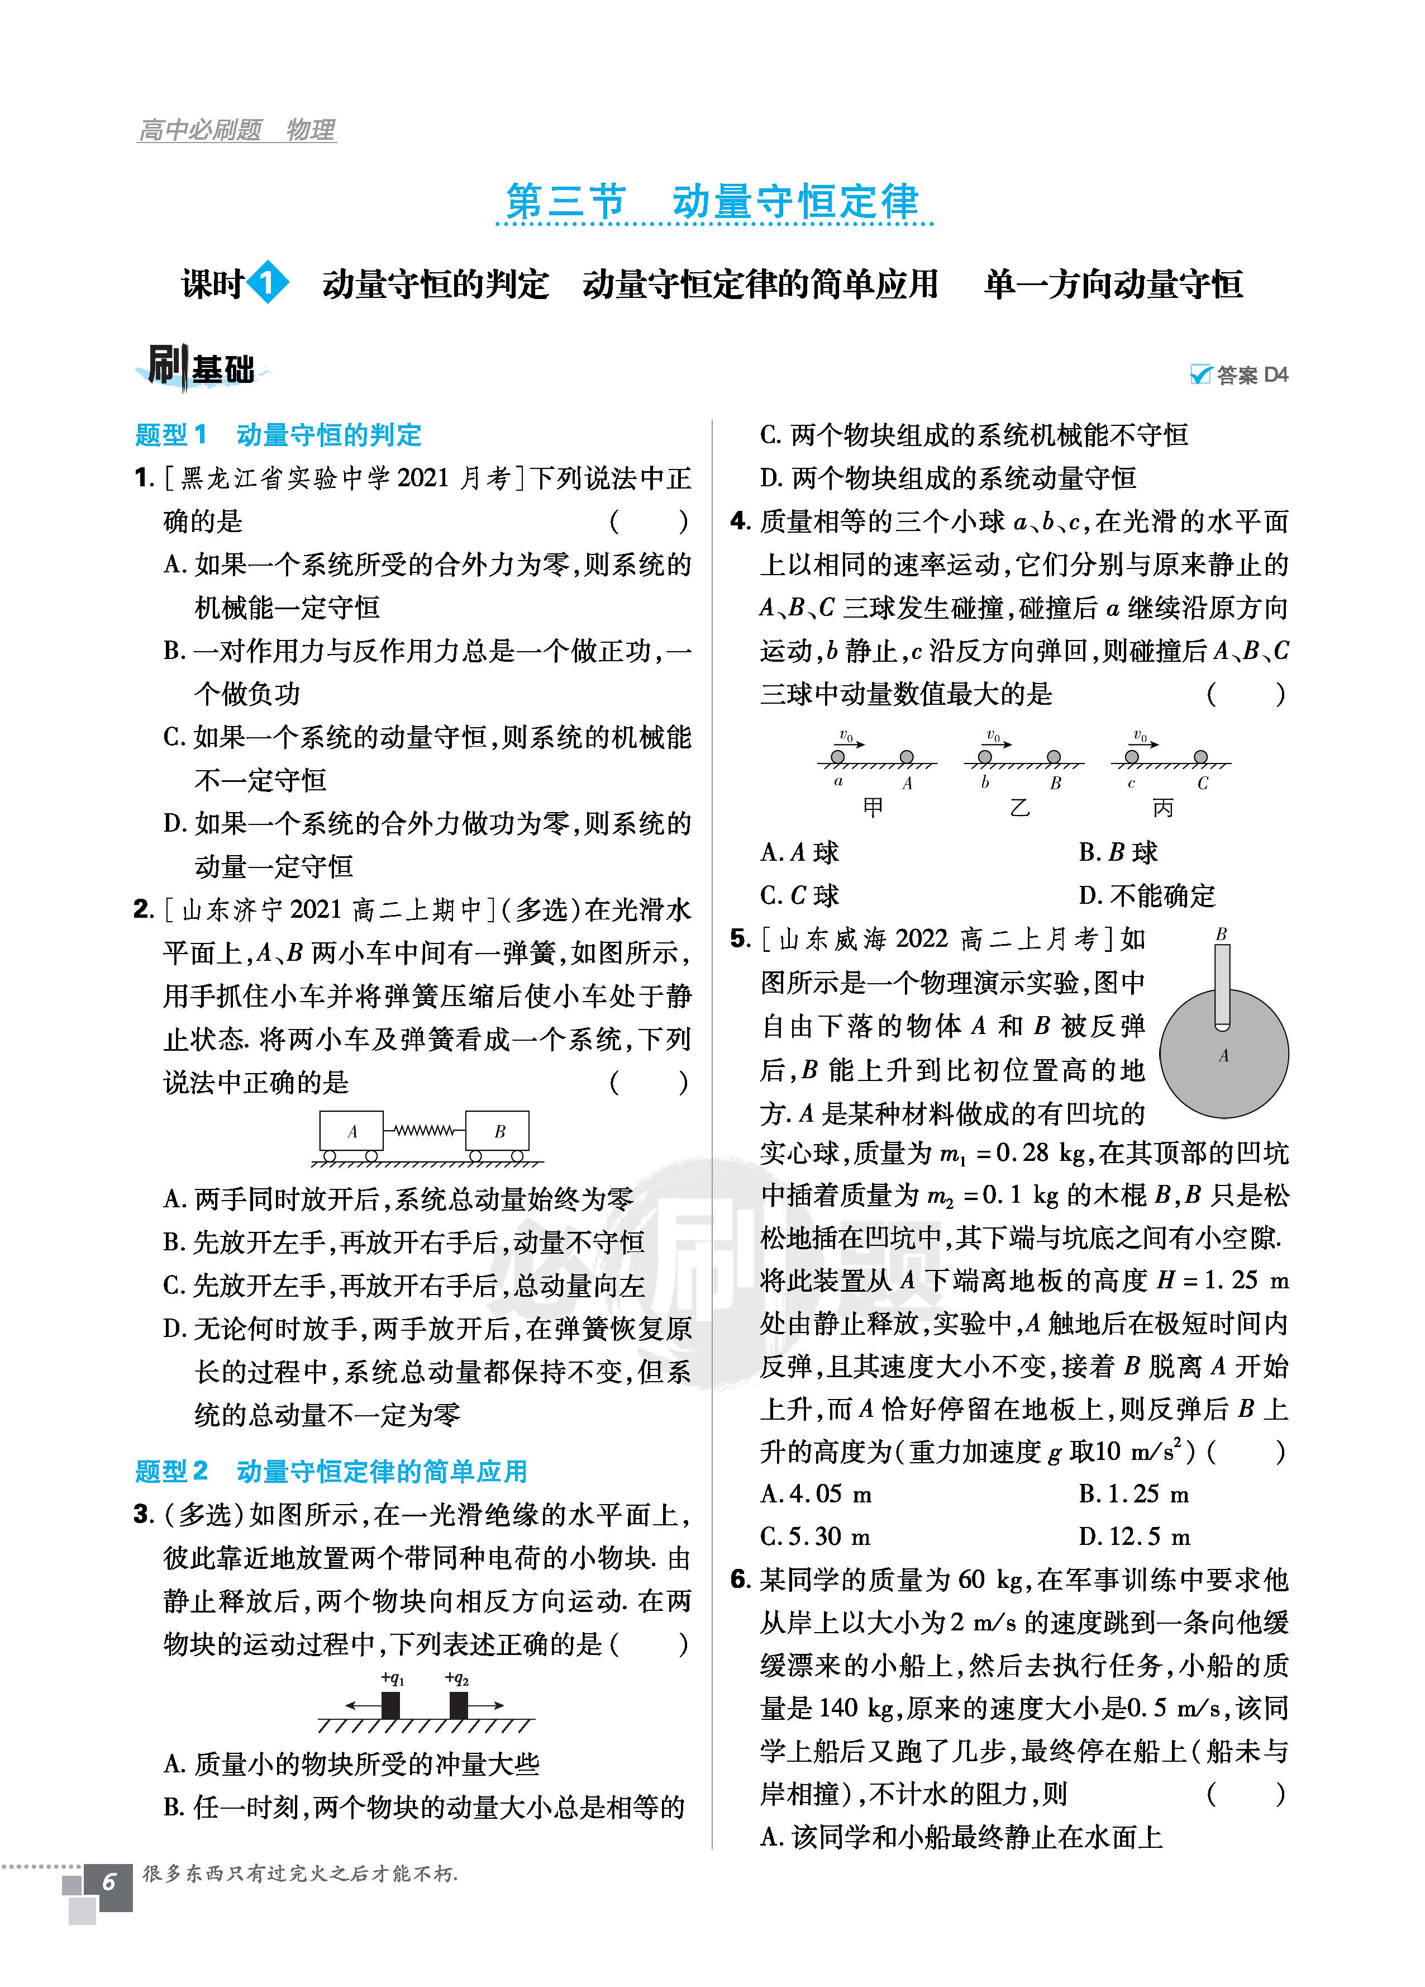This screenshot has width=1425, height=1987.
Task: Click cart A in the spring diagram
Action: (351, 1131)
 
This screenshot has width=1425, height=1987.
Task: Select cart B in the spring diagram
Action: (498, 1131)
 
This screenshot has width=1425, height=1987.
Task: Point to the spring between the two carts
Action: (424, 1130)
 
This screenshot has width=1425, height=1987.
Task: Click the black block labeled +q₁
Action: (390, 1706)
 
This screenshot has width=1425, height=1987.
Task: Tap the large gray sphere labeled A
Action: (1223, 1064)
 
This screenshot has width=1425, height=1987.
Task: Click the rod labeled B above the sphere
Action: (1222, 985)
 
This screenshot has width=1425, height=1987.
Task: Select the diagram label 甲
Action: (873, 807)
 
